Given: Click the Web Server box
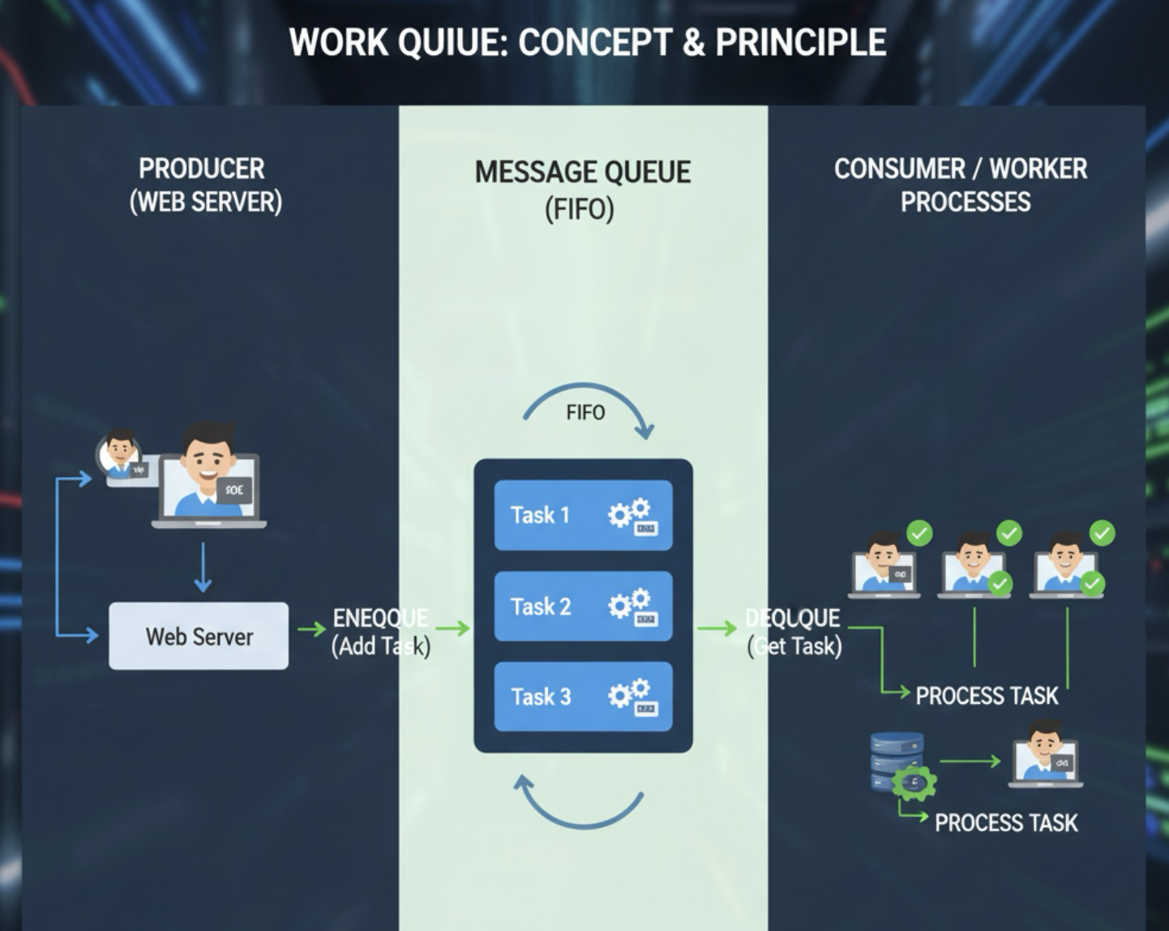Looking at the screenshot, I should tap(199, 636).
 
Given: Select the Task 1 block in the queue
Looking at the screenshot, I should tap(583, 515).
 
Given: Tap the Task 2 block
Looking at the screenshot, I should tap(583, 606).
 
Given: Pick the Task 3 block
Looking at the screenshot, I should tap(583, 697).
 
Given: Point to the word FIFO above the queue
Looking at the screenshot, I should tap(585, 413).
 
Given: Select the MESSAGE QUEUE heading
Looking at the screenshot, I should tap(583, 173).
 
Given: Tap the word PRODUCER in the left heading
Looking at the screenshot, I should tap(202, 169).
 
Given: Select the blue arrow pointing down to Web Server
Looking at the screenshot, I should tap(203, 567).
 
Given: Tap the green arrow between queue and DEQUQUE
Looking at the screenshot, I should tap(717, 628).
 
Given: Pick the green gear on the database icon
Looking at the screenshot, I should tap(914, 783).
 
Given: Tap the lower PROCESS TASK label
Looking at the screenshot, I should tap(1006, 823).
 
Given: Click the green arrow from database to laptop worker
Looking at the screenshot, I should tap(970, 762).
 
